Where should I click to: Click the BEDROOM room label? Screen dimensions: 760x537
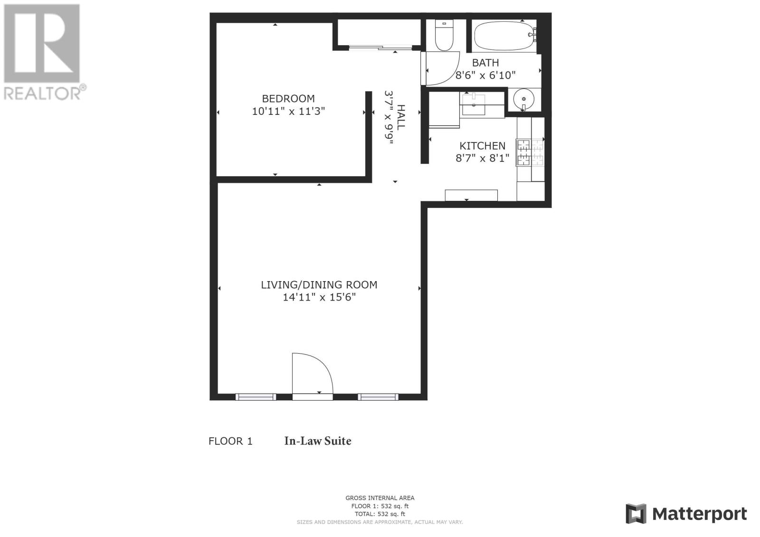[288, 99]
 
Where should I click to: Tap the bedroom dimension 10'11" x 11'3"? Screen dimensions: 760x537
[288, 111]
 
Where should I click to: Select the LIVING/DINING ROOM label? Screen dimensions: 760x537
[319, 284]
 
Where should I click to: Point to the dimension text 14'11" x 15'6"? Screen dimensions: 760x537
[319, 297]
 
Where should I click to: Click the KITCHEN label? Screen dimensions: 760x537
[482, 146]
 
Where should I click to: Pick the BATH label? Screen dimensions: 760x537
[485, 63]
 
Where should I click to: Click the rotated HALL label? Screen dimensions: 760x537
[401, 117]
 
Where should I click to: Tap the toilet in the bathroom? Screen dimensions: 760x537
[444, 35]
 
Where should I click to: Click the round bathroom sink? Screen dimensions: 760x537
[523, 99]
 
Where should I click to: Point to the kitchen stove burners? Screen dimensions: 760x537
[530, 153]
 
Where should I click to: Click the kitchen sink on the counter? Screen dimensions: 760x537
[473, 104]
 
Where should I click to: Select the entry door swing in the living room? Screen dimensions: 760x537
[313, 373]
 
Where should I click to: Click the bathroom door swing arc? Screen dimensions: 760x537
[451, 76]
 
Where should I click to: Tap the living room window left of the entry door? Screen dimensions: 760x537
[256, 396]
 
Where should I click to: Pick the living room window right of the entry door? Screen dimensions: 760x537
[378, 396]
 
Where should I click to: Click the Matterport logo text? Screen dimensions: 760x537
[699, 514]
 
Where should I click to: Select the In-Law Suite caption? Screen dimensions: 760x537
[318, 441]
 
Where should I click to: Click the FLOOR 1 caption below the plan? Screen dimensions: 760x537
[230, 442]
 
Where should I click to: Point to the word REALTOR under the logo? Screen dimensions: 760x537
[42, 94]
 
